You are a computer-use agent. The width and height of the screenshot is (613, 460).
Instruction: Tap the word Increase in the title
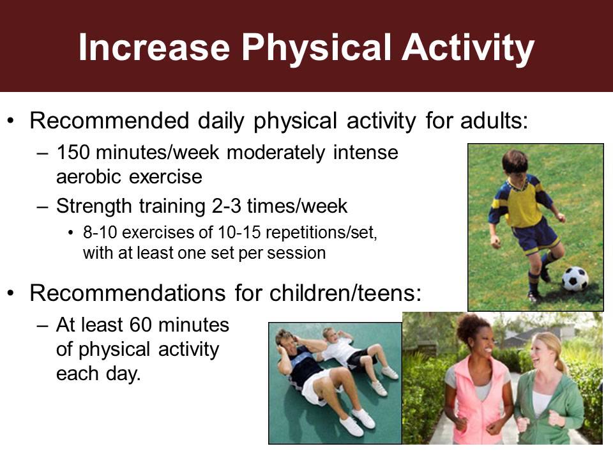point(154,48)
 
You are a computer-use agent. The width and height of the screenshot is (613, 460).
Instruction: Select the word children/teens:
point(345,293)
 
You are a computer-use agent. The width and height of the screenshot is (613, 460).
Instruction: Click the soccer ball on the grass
point(575,278)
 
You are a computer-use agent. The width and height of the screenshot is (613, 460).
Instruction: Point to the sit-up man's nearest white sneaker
point(351,426)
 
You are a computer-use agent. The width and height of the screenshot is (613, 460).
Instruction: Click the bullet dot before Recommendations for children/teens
point(11,293)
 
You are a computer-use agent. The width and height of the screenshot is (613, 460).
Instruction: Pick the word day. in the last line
point(123,374)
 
